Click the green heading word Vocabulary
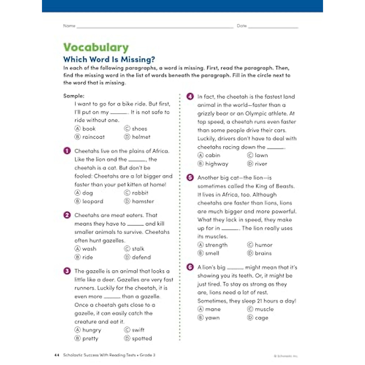(x=96, y=47)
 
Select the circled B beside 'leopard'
(x=78, y=201)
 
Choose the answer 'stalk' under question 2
(x=138, y=249)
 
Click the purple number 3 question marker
(x=67, y=271)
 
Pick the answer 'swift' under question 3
(x=138, y=330)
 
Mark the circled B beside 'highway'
(x=200, y=164)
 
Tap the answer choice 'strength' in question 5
(x=216, y=245)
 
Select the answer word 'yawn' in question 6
(x=212, y=318)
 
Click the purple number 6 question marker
(x=190, y=267)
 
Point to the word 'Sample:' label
(x=74, y=96)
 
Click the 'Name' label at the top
(x=69, y=26)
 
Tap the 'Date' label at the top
(x=242, y=26)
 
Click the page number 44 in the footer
(x=56, y=355)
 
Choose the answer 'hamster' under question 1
(x=143, y=201)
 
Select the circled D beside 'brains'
(x=250, y=253)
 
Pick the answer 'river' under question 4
(x=261, y=164)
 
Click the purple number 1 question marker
(x=67, y=151)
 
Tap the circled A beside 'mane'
(x=200, y=309)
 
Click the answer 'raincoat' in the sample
(x=93, y=137)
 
